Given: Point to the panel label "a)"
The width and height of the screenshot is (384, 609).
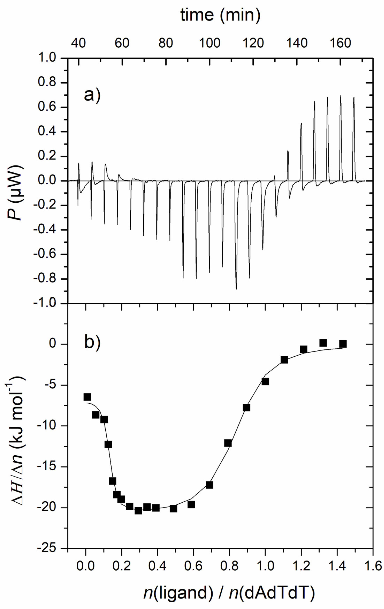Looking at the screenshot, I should [x=92, y=95].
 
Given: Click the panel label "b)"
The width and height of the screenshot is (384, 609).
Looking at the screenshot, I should [x=92, y=342].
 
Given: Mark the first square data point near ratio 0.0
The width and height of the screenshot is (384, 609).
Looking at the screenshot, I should [x=87, y=397].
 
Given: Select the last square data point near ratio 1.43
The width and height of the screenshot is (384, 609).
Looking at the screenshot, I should [x=343, y=344].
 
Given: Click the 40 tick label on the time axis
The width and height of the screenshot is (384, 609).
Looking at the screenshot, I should [x=78, y=43].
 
